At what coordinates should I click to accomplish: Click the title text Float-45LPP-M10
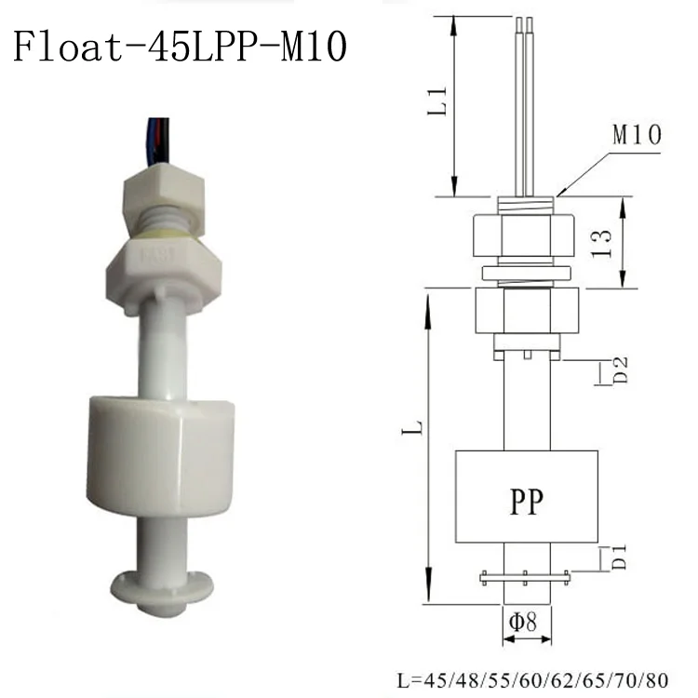pos(181,45)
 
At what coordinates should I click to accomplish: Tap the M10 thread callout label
pos(637,136)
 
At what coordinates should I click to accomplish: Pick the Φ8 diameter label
pos(527,620)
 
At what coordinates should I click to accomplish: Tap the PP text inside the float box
pos(526,503)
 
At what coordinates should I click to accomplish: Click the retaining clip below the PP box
pos(526,578)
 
